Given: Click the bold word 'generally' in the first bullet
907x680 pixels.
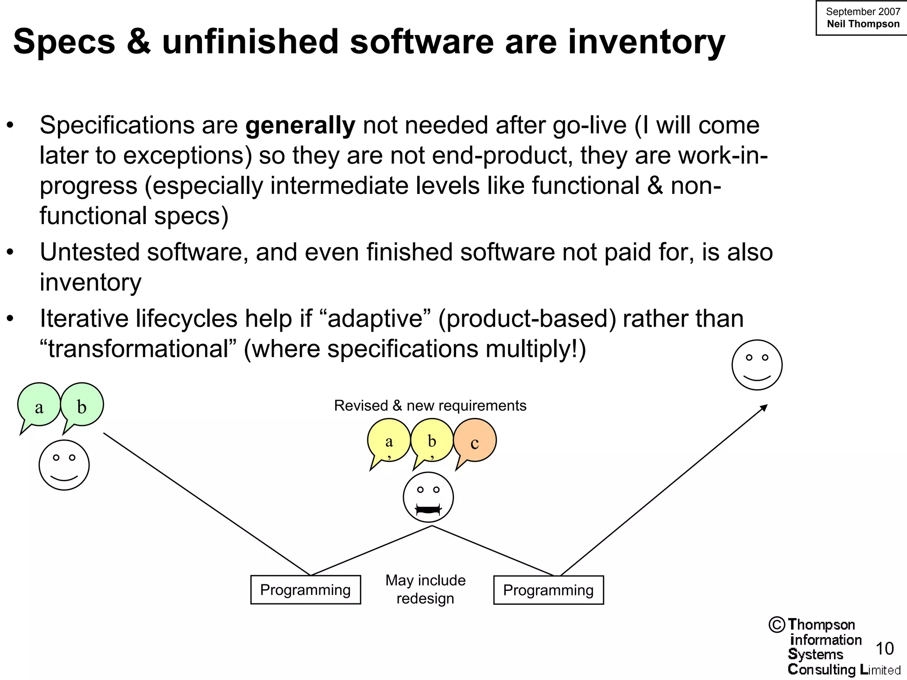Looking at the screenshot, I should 300,125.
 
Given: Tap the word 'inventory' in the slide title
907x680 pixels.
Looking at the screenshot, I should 646,42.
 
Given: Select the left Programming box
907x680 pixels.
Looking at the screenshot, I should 306,590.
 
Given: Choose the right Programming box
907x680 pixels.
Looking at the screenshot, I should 548,590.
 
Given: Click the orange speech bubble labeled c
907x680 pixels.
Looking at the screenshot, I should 475,441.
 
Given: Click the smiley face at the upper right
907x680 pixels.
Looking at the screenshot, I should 757,365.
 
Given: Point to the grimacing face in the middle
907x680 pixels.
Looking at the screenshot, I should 428,497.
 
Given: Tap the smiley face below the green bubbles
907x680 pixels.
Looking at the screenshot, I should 64,465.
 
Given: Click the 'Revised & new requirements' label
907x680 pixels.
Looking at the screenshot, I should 430,406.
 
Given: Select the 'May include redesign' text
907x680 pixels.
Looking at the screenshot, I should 425,589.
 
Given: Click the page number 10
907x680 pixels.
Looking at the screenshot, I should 884,649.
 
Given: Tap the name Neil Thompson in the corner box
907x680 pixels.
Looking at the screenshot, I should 863,24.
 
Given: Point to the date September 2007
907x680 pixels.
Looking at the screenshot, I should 863,12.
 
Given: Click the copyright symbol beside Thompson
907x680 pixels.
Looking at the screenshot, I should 777,625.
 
